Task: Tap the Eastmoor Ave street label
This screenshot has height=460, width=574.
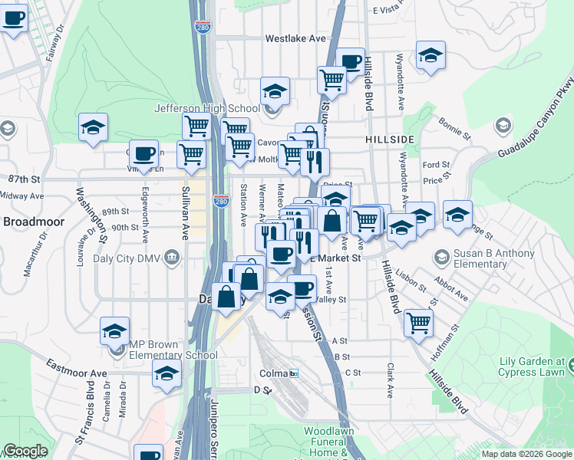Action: tap(76, 368)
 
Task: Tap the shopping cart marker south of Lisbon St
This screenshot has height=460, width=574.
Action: tap(418, 322)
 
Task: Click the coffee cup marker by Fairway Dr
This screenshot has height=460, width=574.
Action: tap(13, 18)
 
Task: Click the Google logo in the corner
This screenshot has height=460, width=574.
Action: tap(25, 451)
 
